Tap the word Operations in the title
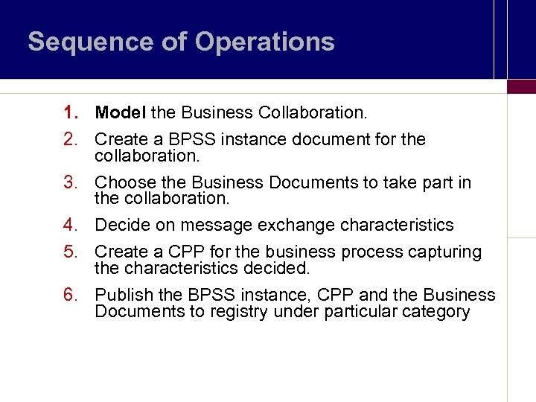pos(266,42)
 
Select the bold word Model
pos(121,113)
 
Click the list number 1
pos(71,113)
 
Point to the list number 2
pos(71,139)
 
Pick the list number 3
pos(71,182)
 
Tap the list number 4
pos(71,225)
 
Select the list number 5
pos(71,252)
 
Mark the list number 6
pos(71,295)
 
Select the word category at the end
pos(436,311)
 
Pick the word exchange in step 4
pos(299,225)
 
